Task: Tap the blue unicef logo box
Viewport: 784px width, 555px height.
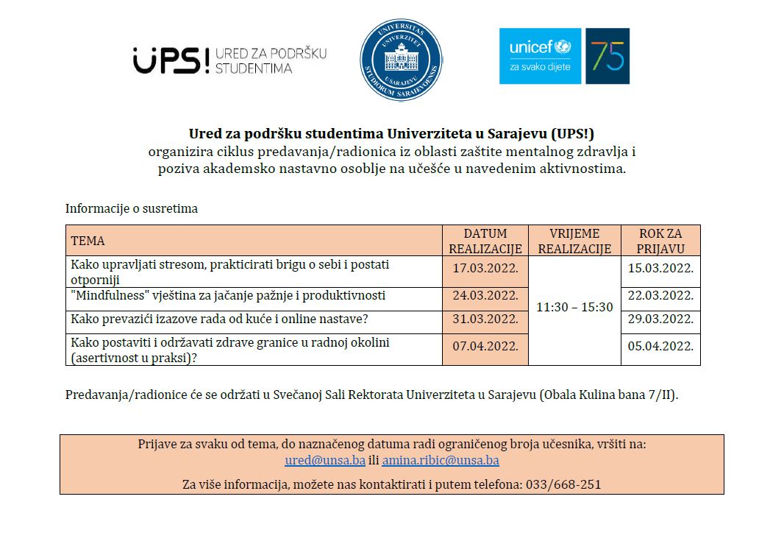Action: coord(540,56)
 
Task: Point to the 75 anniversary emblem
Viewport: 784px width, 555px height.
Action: coord(607,56)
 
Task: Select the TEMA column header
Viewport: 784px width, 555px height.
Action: coord(88,241)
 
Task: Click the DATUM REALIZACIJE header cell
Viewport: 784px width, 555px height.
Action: coord(485,241)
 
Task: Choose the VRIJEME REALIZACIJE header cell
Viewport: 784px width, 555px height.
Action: coord(574,241)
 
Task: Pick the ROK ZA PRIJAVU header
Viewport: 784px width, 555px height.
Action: coord(660,241)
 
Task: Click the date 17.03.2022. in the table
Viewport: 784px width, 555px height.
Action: coord(485,269)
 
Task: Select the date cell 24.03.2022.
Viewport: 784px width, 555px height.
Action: coord(485,296)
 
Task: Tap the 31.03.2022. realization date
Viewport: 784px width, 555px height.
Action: coord(485,319)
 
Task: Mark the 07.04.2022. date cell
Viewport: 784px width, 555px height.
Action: coord(485,345)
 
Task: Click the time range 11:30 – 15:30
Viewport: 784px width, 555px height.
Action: coord(574,307)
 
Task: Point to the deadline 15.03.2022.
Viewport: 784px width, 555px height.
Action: coord(660,268)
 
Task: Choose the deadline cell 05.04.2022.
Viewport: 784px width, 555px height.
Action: coord(660,345)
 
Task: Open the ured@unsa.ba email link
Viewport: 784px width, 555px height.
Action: coord(325,461)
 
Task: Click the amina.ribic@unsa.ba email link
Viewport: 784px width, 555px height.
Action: coord(441,461)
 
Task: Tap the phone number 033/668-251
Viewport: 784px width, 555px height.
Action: coord(563,485)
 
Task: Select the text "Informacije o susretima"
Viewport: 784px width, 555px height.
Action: coord(132,208)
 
